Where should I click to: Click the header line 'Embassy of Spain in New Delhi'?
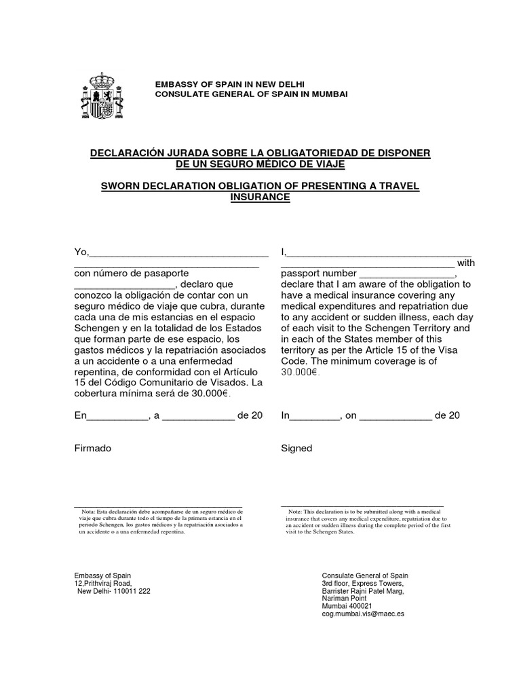point(230,83)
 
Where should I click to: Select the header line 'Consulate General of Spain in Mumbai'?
point(251,94)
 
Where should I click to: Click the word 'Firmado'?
point(92,448)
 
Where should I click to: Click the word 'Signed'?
point(296,448)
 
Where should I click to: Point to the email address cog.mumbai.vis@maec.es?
point(363,613)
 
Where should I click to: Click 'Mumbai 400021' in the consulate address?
point(347,605)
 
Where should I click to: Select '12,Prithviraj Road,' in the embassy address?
point(103,583)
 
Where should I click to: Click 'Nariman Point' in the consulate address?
point(346,598)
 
